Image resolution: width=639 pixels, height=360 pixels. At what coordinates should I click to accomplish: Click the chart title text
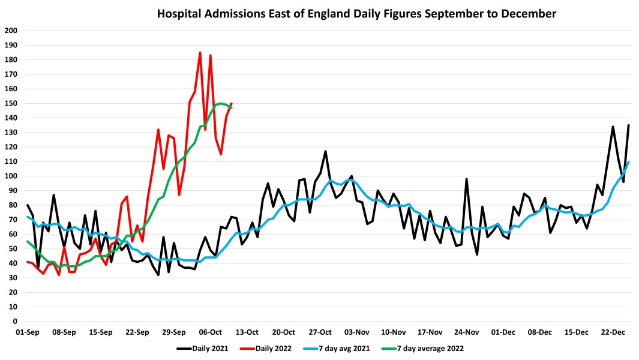[356, 13]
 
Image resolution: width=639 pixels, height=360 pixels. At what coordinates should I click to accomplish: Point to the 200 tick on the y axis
[11, 31]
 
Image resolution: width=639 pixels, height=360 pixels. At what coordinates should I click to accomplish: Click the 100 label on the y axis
[11, 176]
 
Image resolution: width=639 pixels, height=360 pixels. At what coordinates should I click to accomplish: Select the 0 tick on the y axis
[14, 321]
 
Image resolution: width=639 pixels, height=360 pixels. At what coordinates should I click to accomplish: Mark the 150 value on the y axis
[11, 103]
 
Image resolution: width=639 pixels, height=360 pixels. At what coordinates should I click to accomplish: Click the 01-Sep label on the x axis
[28, 332]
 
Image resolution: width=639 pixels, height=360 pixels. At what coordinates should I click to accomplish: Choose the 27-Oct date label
[320, 332]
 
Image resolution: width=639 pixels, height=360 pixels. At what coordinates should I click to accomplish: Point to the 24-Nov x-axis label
[466, 332]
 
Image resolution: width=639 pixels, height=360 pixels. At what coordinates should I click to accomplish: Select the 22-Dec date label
[613, 332]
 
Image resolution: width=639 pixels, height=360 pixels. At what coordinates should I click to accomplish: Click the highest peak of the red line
[200, 53]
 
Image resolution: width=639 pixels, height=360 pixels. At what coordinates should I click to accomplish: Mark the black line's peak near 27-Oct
[325, 151]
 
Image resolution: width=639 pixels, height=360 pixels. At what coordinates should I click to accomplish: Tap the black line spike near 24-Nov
[466, 179]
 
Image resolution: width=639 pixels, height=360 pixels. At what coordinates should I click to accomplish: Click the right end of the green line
[231, 107]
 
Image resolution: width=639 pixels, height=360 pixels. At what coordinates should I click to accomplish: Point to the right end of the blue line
[628, 161]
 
